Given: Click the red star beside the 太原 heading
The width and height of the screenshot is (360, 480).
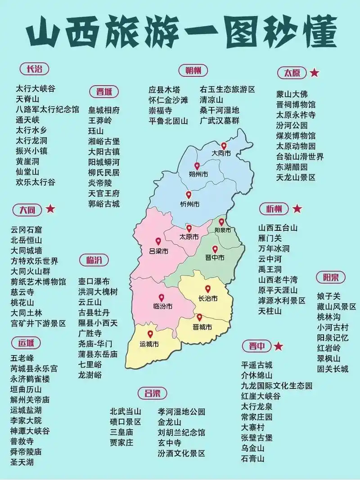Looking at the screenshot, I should click(315, 72).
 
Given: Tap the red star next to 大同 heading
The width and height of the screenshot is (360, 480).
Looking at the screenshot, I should click(50, 209).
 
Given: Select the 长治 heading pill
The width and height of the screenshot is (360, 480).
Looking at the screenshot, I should click(34, 69).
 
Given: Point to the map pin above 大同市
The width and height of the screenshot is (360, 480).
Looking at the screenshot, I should click(224, 146).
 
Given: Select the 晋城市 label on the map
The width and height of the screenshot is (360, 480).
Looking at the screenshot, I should click(202, 327).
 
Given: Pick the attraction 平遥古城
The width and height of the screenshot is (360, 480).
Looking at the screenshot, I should click(257, 365).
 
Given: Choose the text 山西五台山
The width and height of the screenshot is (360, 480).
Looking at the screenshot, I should click(278, 228).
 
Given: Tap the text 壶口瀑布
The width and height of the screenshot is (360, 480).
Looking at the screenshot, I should click(94, 282).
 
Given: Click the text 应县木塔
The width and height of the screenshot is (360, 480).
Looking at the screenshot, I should click(164, 90).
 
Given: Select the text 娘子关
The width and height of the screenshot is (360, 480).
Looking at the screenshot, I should click(329, 296).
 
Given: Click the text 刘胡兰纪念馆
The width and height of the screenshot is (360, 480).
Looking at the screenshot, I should click(181, 433).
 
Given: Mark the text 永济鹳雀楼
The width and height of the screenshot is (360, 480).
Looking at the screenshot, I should click(30, 379).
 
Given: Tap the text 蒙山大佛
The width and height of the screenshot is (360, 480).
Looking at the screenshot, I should click(292, 94).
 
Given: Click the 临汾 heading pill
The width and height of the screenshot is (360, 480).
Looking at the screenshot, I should click(94, 260).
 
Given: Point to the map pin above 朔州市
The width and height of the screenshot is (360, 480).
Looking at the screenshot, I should click(197, 166).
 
